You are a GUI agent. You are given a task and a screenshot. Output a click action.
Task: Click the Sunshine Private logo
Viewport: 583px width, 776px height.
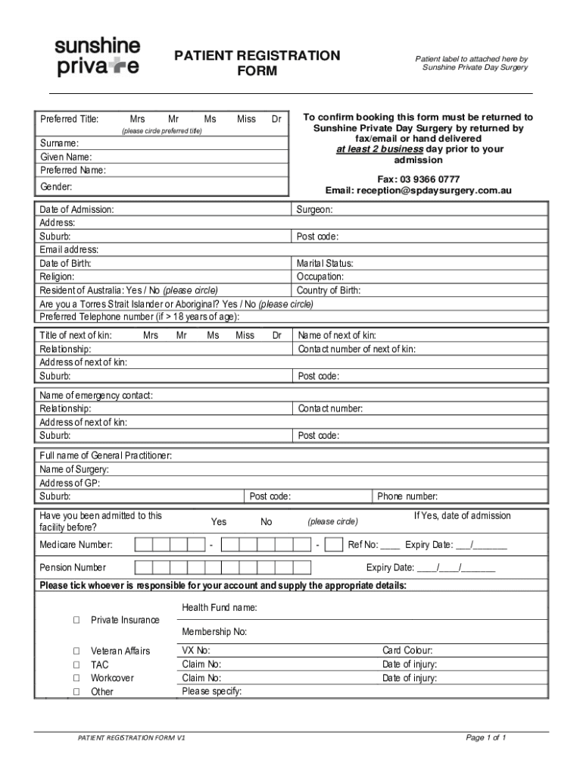97,57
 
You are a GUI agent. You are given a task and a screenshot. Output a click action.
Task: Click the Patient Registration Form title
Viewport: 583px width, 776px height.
257,64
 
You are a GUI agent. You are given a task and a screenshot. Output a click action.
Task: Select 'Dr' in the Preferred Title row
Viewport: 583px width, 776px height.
276,119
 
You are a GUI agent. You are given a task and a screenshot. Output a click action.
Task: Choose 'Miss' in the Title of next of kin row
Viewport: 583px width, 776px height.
245,335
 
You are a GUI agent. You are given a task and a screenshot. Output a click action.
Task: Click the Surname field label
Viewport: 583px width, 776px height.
59,143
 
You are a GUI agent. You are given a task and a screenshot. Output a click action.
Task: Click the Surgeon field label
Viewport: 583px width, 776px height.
314,209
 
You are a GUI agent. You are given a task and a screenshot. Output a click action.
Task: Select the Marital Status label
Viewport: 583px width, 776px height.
325,264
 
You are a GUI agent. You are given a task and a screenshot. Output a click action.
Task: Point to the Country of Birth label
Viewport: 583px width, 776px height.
329,290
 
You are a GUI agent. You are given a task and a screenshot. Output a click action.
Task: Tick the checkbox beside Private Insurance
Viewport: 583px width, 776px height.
76,621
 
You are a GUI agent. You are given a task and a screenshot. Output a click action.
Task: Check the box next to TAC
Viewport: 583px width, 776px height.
76,665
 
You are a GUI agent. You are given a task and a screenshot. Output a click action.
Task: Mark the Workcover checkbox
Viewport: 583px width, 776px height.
76,678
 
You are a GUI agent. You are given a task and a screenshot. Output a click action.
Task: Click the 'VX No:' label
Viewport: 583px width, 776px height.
196,651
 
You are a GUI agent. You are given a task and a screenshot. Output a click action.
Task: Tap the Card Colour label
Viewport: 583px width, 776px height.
407,651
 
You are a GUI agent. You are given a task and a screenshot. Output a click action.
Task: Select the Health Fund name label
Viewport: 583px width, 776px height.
220,608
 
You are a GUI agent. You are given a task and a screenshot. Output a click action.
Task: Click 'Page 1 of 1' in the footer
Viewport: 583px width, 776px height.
485,737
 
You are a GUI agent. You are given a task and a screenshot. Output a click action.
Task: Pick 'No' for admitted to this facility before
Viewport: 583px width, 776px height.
267,522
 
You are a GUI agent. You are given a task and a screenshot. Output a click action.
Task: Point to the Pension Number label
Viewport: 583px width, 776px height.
73,568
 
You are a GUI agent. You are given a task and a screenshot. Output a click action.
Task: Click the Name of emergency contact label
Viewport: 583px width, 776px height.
96,396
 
